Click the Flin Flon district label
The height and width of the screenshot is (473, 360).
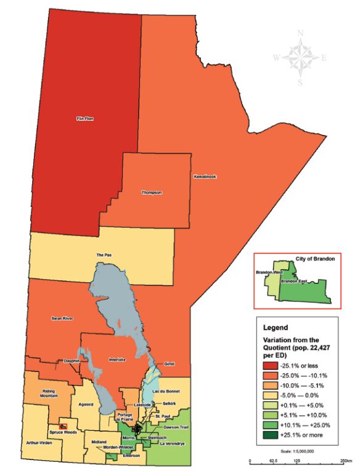coord(84,118)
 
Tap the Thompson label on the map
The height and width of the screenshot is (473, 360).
coord(152,192)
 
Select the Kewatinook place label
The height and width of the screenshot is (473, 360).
coord(206,176)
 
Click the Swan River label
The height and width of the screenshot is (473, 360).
coord(63,318)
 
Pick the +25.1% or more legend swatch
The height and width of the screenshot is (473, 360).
coord(266,435)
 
